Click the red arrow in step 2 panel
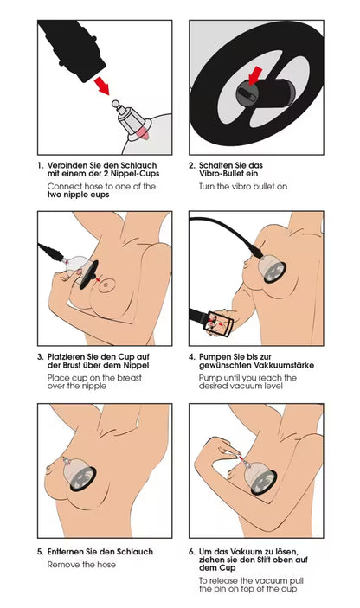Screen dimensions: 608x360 254,80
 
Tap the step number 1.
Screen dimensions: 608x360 40,165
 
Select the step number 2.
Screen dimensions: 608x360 191,165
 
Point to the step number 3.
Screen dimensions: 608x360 40,356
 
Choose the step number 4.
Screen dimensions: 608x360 192,356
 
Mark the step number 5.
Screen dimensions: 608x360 40,551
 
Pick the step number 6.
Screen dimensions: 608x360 192,551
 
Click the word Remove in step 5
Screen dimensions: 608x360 64,565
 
